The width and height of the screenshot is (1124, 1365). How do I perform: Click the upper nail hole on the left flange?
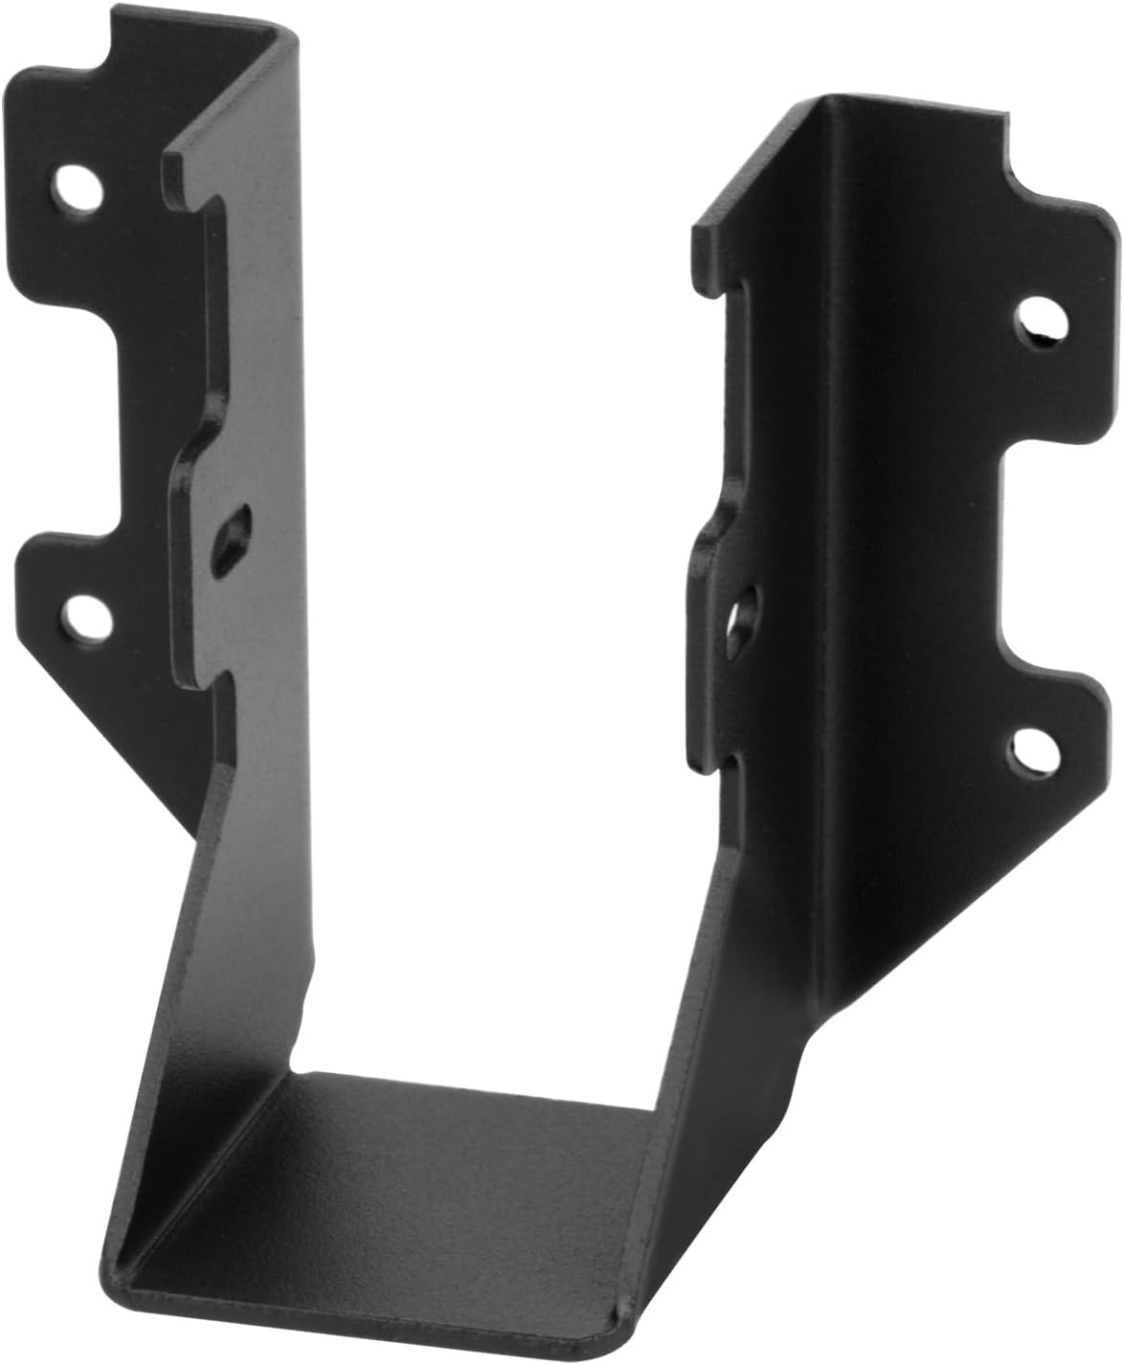coord(76,185)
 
